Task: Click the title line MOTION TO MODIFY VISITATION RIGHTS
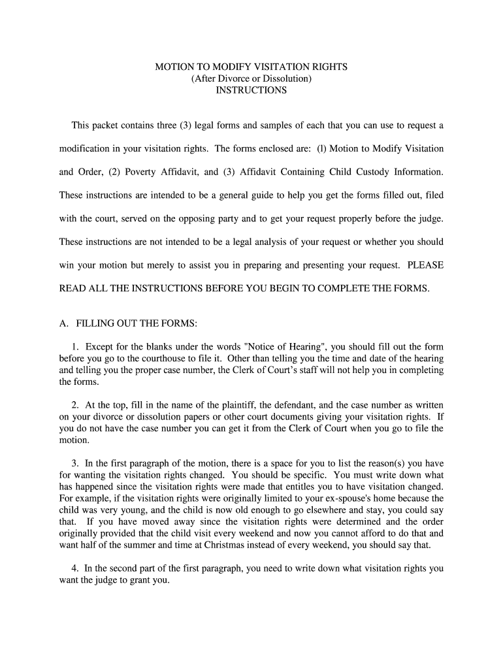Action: click(252, 67)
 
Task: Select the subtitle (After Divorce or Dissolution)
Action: click(252, 79)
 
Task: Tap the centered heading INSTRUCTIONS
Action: click(252, 91)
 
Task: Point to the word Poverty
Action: click(142, 172)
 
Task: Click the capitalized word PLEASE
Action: click(425, 265)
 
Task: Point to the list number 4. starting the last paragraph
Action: click(76, 568)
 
